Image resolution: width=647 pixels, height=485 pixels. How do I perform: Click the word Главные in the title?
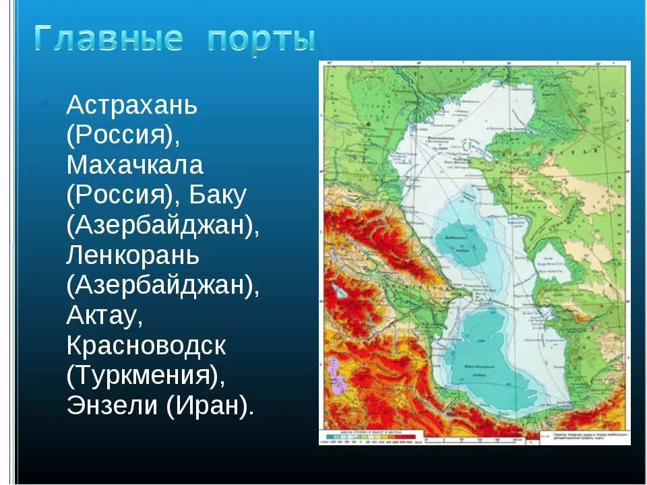(x=108, y=39)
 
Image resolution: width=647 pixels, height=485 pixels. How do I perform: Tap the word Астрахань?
(x=131, y=106)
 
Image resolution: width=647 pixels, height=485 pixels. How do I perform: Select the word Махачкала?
(x=135, y=166)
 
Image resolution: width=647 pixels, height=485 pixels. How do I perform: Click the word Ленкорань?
(x=133, y=256)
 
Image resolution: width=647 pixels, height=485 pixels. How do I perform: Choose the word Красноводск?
(x=146, y=346)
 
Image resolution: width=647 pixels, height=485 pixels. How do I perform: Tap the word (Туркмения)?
(x=145, y=376)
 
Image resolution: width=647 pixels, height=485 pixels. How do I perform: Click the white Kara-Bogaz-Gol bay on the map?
(x=553, y=263)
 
